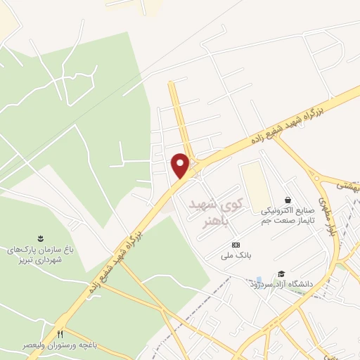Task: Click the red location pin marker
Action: pyautogui.click(x=181, y=165)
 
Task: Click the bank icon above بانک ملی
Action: pyautogui.click(x=236, y=245)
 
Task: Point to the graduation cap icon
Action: pyautogui.click(x=281, y=274)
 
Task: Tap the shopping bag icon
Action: pyautogui.click(x=288, y=200)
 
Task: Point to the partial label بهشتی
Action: pyautogui.click(x=348, y=186)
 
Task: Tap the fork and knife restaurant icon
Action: pyautogui.click(x=60, y=333)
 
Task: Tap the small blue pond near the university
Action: pyautogui.click(x=260, y=279)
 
